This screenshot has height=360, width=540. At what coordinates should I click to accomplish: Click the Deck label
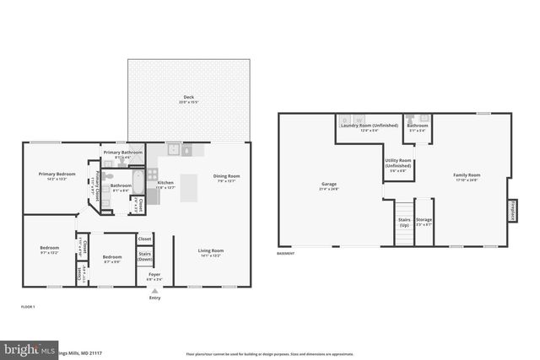tap(189, 98)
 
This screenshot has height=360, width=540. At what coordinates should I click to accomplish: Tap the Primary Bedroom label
tap(57, 175)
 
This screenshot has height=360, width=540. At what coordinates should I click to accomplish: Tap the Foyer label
tap(154, 274)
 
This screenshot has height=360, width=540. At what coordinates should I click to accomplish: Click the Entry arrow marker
tap(154, 290)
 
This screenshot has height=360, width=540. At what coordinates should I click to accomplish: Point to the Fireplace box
tap(511, 210)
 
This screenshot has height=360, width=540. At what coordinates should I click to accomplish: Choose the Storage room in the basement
tap(424, 221)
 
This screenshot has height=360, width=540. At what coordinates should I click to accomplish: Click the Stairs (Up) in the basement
tap(404, 221)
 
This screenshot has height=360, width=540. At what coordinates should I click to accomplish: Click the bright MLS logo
tap(30, 349)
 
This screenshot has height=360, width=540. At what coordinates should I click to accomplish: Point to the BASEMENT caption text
tap(286, 254)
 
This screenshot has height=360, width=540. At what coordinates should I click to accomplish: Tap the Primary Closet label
tap(98, 181)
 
